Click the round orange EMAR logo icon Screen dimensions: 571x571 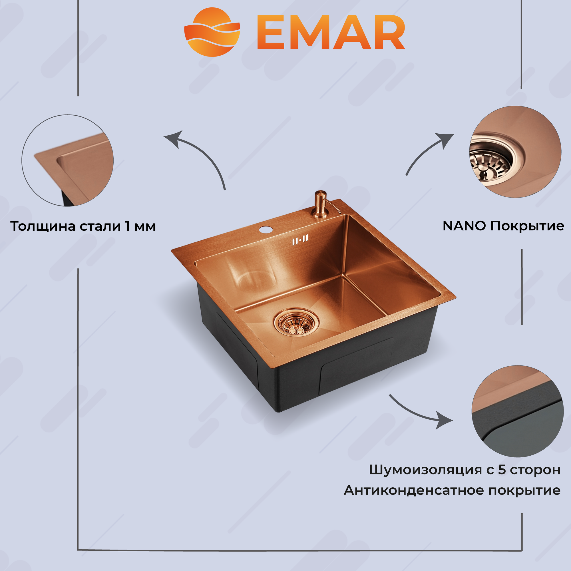212,32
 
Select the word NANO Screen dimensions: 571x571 464,226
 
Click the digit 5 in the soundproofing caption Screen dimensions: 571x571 502,470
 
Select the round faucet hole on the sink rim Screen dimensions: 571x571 265,229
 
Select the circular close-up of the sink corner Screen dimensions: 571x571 68,160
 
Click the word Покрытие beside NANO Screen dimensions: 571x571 527,226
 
